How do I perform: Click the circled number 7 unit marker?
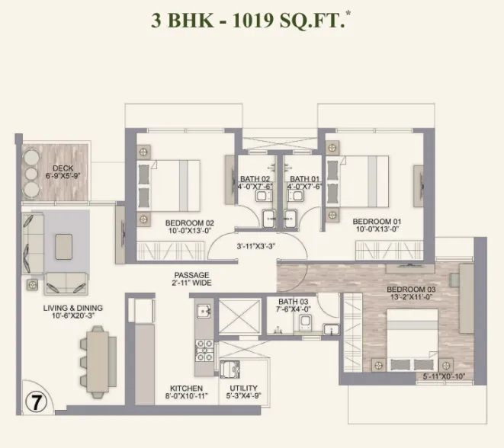[36, 402]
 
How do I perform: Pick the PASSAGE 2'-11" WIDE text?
[191, 279]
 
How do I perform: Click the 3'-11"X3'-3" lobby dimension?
[256, 246]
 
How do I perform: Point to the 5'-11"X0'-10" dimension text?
[444, 376]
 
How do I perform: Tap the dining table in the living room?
[98, 362]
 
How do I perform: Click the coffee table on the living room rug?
[63, 247]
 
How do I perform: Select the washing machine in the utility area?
[230, 370]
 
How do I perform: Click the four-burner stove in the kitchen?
[204, 350]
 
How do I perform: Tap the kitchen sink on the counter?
[204, 311]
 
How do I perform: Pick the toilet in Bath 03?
[305, 322]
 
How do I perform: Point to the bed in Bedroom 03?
[413, 340]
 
